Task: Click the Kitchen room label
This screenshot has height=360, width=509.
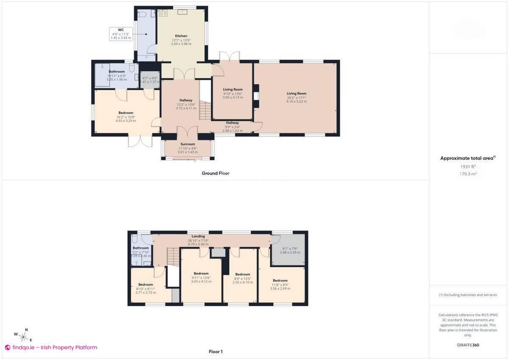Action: coord(181,36)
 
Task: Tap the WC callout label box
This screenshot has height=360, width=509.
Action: coord(121,34)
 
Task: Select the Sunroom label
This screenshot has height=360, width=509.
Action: coord(187,144)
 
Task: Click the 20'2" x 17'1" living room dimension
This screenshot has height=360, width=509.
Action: coord(296,97)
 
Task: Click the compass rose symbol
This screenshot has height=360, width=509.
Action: coord(24,337)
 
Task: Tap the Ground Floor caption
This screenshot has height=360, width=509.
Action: coord(215,173)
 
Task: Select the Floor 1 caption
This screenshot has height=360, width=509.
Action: coord(215,351)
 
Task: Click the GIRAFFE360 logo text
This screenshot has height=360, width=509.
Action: coord(468,345)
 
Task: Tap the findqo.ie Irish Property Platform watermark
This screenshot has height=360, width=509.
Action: coord(51,347)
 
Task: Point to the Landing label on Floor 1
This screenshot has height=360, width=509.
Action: coord(198,236)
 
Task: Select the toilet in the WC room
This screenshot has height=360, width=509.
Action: coord(142,15)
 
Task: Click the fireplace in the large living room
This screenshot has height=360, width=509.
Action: coord(256,94)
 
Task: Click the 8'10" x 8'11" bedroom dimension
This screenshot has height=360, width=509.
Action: coord(145,288)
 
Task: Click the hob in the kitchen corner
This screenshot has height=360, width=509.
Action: coord(162,13)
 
